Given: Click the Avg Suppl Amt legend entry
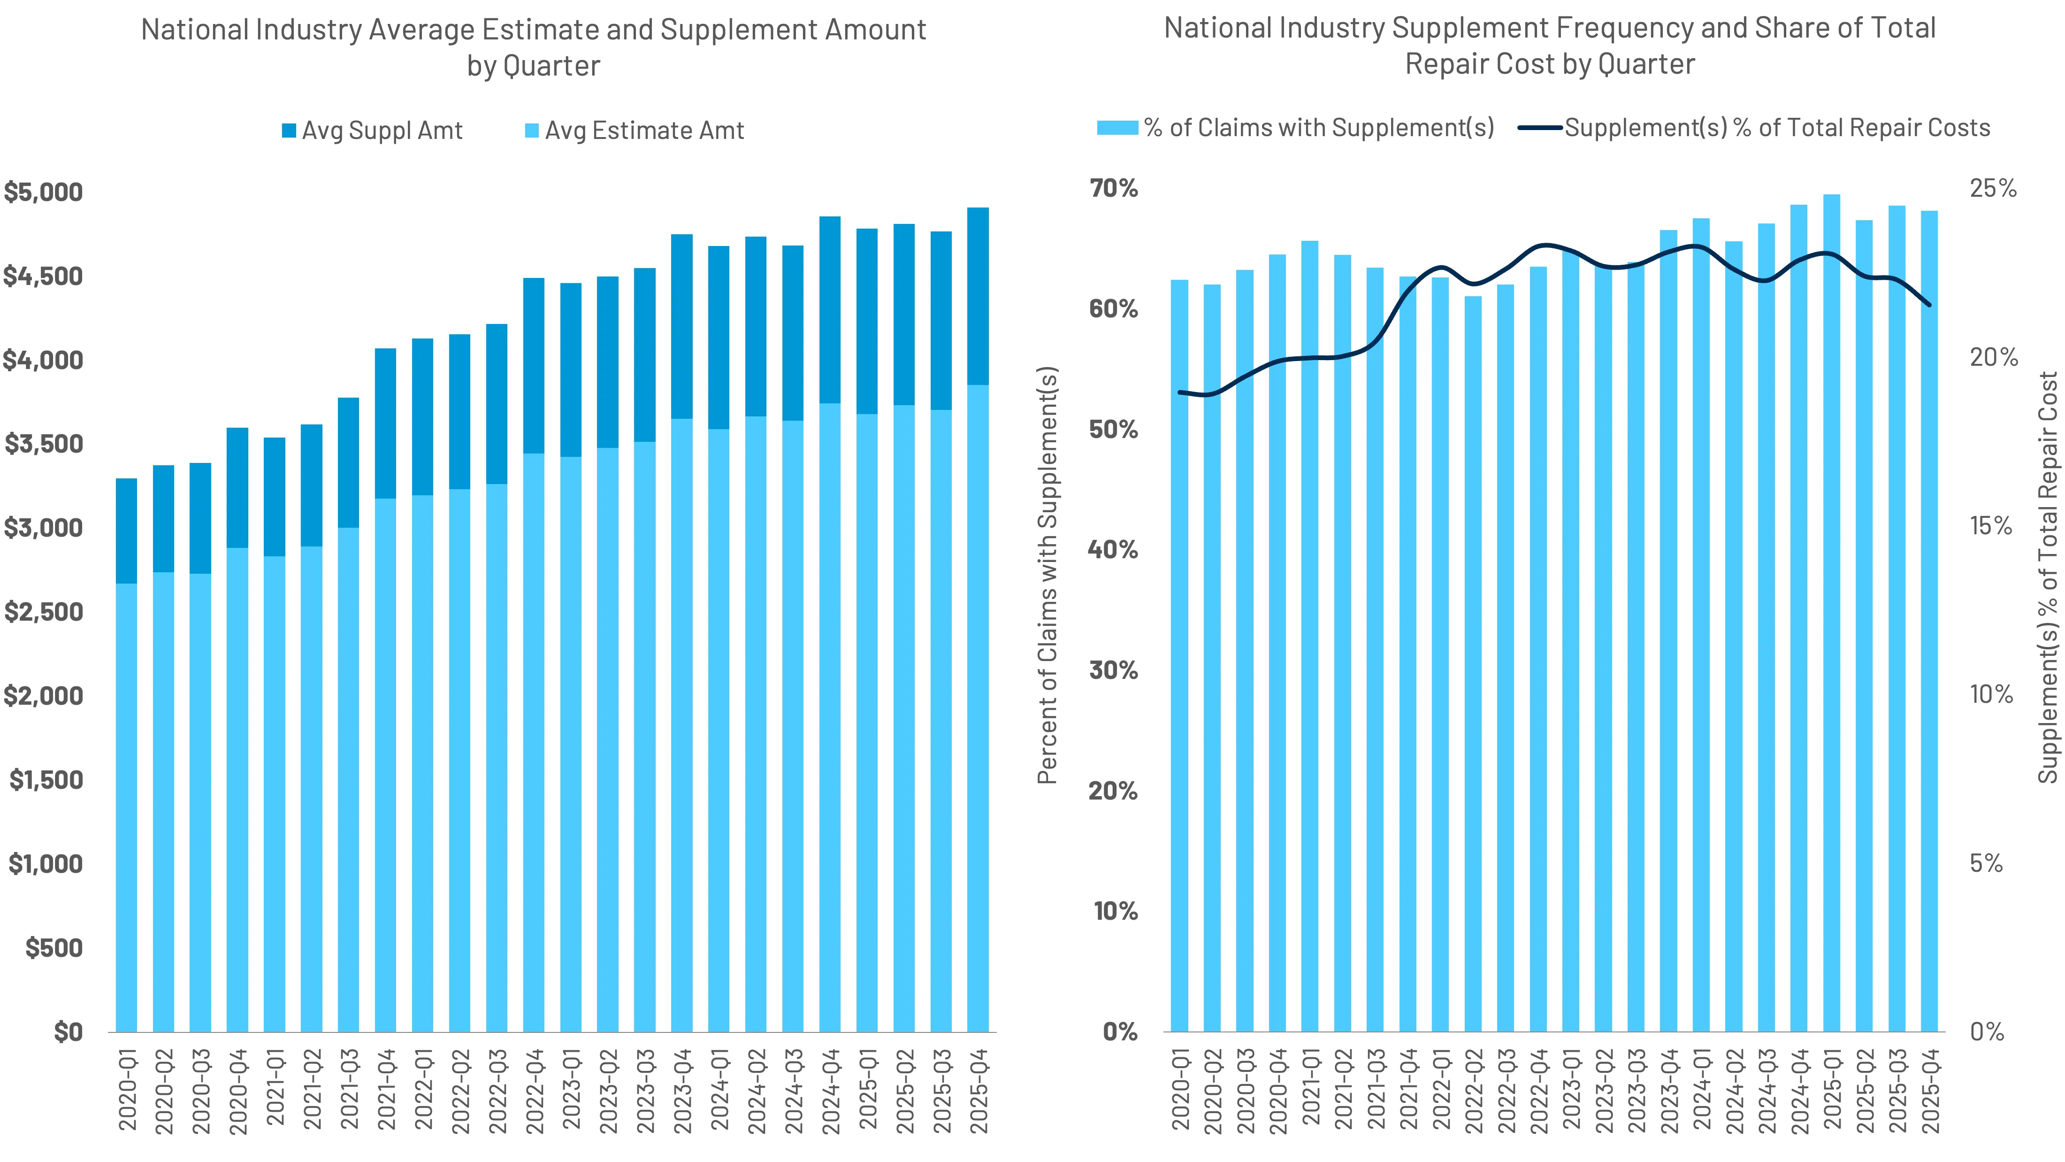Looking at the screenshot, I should (373, 131).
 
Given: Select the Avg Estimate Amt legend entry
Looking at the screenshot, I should (635, 131).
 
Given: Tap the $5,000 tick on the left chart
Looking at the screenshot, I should (43, 192).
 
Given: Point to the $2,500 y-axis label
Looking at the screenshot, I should (43, 612).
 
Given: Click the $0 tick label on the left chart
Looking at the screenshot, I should (68, 1031).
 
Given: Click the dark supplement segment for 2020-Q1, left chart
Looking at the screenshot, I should (127, 531).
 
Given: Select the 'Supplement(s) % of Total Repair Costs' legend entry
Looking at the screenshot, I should (1756, 128).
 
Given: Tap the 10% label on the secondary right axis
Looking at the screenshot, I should (1991, 694).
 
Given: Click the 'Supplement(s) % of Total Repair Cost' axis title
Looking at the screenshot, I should (2048, 577).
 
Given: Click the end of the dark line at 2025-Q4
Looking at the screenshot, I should (1929, 305).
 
